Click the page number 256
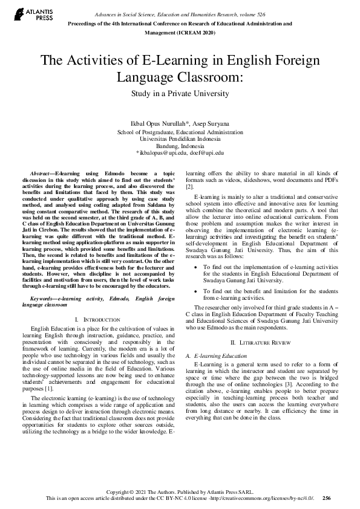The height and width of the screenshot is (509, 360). coord(326,499)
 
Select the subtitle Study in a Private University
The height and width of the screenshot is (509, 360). coord(180,94)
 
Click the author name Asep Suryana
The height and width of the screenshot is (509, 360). coord(211,124)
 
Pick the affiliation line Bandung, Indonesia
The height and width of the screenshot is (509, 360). coord(180,146)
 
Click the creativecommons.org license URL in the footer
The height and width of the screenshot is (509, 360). coord(271,499)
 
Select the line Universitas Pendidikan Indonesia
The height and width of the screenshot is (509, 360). coord(180,138)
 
